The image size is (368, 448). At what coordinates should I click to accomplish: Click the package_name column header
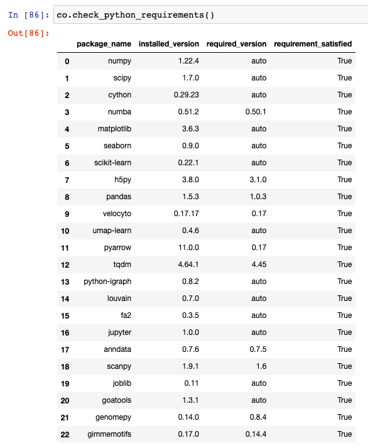point(104,44)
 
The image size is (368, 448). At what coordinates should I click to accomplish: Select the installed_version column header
point(168,44)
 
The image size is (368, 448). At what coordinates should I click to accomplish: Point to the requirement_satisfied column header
point(313,44)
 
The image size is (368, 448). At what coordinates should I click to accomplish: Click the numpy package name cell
point(119,61)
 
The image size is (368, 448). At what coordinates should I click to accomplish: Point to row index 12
point(65,265)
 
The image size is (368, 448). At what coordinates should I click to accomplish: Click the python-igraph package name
point(107,281)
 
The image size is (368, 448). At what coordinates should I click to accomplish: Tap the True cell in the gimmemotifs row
point(344,434)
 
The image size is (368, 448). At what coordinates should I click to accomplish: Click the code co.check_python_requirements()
point(135,14)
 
